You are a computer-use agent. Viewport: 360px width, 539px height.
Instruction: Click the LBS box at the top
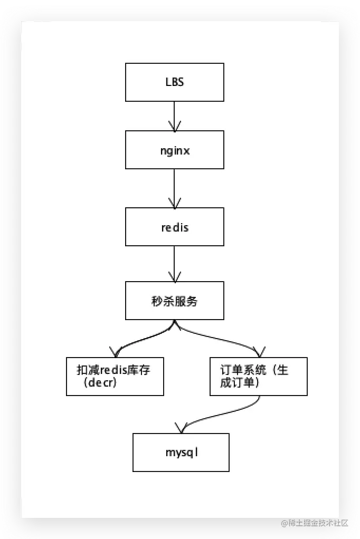[174, 82]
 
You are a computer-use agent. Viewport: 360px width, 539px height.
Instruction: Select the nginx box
[174, 150]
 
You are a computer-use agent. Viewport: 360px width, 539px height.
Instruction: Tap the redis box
[174, 227]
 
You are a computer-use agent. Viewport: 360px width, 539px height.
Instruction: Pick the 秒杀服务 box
[174, 301]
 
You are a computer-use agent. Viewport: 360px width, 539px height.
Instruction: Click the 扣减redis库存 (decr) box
[115, 377]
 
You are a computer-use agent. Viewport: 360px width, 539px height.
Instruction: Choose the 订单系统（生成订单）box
[258, 377]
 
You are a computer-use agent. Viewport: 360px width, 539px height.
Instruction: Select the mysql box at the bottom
[181, 452]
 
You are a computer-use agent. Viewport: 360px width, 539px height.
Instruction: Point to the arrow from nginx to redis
[174, 187]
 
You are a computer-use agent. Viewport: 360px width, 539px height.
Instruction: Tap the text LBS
[174, 83]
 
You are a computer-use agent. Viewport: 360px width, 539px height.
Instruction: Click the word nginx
[174, 150]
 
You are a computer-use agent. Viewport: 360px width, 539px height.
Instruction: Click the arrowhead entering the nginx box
[174, 127]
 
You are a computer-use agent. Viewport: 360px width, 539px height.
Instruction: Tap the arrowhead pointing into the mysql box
[179, 426]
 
